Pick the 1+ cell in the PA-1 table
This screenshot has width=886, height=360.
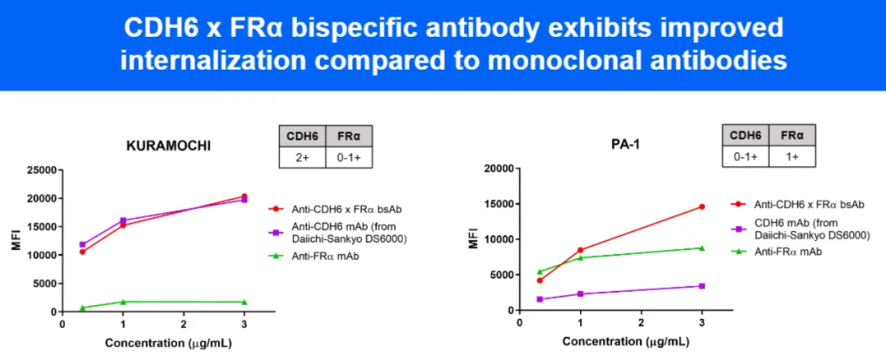(792, 154)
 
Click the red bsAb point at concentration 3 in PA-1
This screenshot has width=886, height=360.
(701, 207)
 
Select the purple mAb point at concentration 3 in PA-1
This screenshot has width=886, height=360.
(701, 286)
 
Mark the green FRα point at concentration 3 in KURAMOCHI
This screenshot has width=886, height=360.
(244, 302)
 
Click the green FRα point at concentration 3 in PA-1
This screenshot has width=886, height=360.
(701, 248)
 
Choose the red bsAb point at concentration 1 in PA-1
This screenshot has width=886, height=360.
(580, 250)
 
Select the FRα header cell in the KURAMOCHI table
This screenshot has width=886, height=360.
(349, 134)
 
